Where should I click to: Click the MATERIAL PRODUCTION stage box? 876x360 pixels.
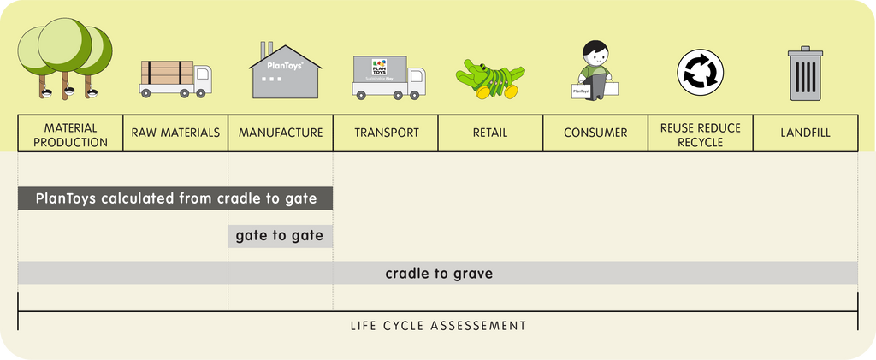pyautogui.click(x=70, y=133)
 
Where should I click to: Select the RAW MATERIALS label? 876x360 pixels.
pyautogui.click(x=175, y=133)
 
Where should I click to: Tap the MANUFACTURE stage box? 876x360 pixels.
pyautogui.click(x=281, y=133)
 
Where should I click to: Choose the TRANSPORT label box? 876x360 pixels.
pyautogui.click(x=386, y=133)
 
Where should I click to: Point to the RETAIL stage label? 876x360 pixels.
pyautogui.click(x=490, y=133)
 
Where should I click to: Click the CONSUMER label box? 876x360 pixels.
pyautogui.click(x=595, y=133)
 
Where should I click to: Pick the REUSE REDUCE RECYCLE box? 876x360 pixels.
pyautogui.click(x=701, y=133)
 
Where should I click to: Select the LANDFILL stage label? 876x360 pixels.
pyautogui.click(x=806, y=133)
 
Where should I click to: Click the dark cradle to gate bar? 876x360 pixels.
pyautogui.click(x=175, y=198)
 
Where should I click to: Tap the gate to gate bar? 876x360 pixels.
pyautogui.click(x=281, y=236)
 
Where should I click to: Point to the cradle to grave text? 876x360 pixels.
pyautogui.click(x=439, y=274)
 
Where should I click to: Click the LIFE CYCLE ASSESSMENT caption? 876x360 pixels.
pyautogui.click(x=439, y=326)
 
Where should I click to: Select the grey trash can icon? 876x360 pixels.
pyautogui.click(x=806, y=74)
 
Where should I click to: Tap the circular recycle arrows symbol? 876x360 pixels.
pyautogui.click(x=701, y=73)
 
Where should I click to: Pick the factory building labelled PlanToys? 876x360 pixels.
pyautogui.click(x=285, y=71)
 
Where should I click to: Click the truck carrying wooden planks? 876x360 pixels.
pyautogui.click(x=175, y=79)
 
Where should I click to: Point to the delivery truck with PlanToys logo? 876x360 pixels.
pyautogui.click(x=389, y=77)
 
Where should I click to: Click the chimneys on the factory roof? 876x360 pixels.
pyautogui.click(x=267, y=49)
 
